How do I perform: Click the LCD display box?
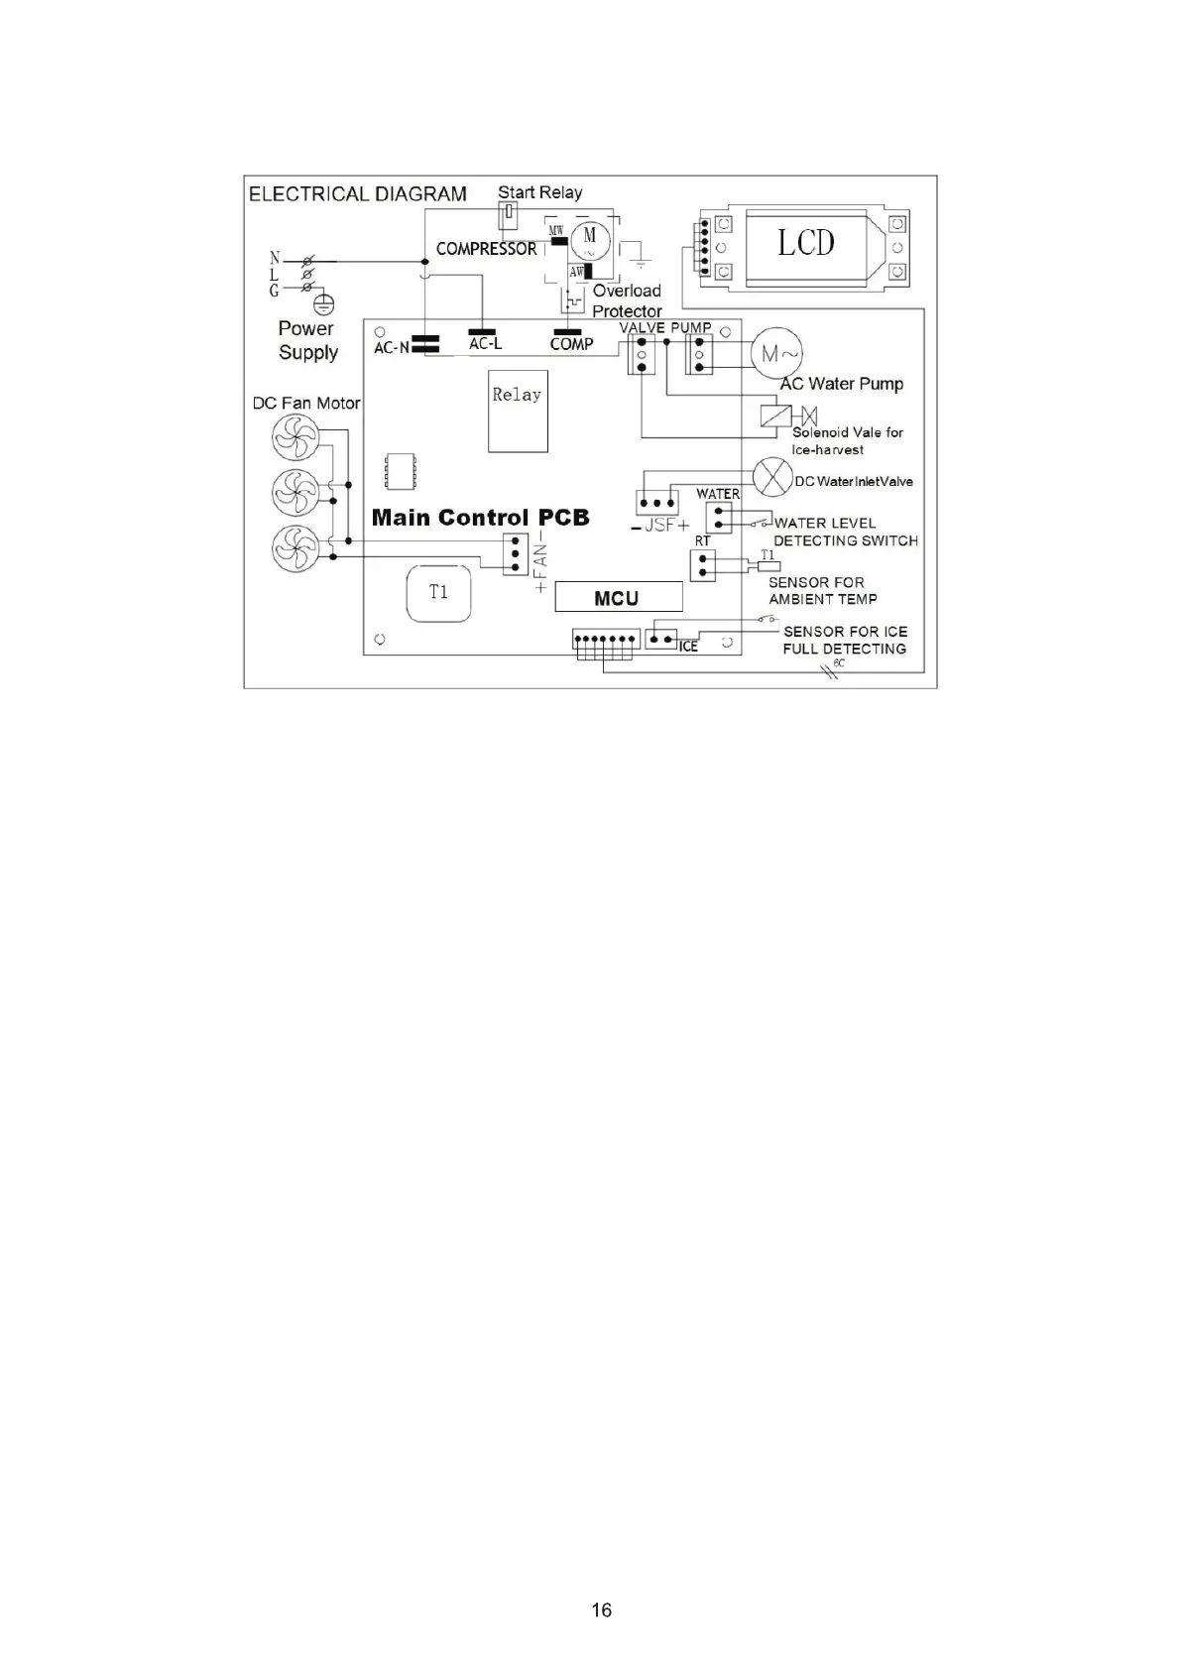pos(805,243)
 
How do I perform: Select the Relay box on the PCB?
pos(518,410)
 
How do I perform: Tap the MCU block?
pos(618,597)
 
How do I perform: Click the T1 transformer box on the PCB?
pos(438,593)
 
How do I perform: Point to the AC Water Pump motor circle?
pos(775,353)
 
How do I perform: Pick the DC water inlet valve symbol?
pos(771,478)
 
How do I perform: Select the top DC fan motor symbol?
pos(295,437)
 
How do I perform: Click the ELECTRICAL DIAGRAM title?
pos(357,194)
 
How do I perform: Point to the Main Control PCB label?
pos(480,518)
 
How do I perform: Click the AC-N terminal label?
pos(391,348)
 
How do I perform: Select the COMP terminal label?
pos(571,344)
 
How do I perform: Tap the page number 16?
pos(601,1610)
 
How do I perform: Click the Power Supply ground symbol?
pos(323,304)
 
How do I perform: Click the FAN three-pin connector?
pos(515,554)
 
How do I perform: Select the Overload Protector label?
pos(627,300)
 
